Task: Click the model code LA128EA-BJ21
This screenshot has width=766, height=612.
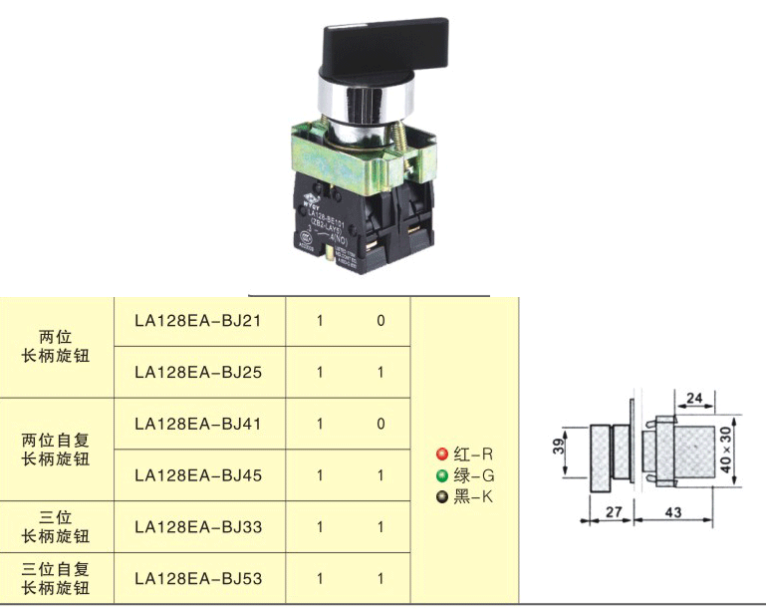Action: pos(197,321)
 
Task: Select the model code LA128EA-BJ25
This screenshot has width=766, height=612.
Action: pos(197,373)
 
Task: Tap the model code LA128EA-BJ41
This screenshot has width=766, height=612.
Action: pos(197,425)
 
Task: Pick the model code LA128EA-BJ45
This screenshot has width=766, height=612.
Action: pos(197,475)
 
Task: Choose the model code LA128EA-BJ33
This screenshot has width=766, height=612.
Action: pos(197,526)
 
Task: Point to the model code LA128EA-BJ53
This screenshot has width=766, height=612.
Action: pos(197,578)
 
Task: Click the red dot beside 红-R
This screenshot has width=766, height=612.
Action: pos(441,454)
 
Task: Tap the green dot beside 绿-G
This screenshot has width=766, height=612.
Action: pos(441,475)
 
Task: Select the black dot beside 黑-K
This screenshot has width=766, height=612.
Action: pos(441,496)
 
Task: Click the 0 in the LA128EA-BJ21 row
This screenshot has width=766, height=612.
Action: pos(381,321)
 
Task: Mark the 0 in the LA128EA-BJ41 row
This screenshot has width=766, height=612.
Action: pos(381,425)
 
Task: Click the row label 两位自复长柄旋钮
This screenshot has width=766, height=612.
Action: pos(57,449)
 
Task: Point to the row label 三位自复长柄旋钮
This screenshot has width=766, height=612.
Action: pos(57,578)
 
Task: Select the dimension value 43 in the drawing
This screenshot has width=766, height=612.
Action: pos(673,512)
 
